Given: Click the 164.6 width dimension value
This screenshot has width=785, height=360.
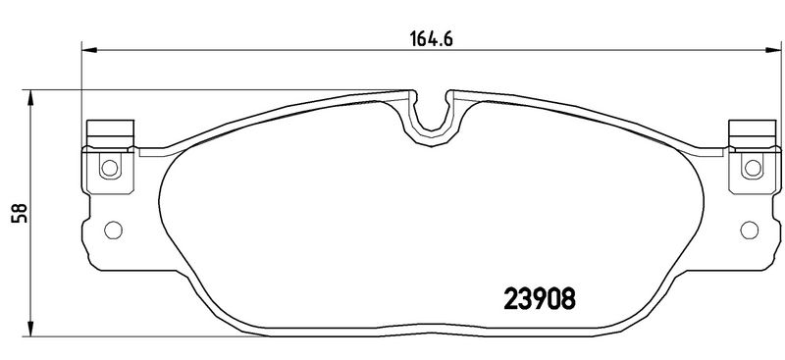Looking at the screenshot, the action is pyautogui.click(x=432, y=38).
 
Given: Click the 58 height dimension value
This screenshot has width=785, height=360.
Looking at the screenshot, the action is pyautogui.click(x=19, y=213).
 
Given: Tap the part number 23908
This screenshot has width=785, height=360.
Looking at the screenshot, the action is pyautogui.click(x=539, y=299).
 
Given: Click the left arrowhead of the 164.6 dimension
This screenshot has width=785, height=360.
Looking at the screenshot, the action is pyautogui.click(x=88, y=50).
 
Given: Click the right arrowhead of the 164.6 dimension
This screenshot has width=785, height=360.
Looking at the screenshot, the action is pyautogui.click(x=773, y=50).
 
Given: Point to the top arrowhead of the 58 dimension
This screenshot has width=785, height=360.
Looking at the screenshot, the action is pyautogui.click(x=30, y=98).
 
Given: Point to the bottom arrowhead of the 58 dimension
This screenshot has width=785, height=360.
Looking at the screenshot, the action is pyautogui.click(x=30, y=329).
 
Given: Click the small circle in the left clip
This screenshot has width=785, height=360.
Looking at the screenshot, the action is pyautogui.click(x=110, y=167).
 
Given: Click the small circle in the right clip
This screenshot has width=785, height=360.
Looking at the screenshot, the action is pyautogui.click(x=753, y=168).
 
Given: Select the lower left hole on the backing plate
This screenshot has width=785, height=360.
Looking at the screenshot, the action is pyautogui.click(x=113, y=230).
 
